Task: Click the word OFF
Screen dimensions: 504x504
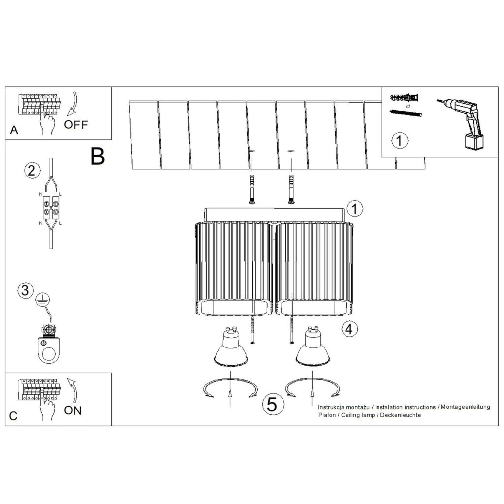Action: (76, 125)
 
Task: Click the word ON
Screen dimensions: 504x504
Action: (73, 410)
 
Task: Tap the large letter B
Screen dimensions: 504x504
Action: (98, 156)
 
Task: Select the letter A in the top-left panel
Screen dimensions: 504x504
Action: (14, 130)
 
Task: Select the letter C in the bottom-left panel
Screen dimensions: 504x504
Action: (13, 416)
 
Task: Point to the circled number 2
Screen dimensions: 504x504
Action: (32, 170)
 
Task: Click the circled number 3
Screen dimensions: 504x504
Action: (25, 290)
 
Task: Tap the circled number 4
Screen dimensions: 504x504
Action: (349, 329)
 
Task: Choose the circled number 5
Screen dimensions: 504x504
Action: (272, 404)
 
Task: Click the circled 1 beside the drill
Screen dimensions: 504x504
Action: (400, 141)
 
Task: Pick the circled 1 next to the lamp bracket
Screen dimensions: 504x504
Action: (354, 208)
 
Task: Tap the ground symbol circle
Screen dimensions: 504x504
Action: (42, 300)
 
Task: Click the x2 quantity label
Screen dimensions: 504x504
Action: (408, 106)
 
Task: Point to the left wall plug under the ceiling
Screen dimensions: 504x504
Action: (252, 189)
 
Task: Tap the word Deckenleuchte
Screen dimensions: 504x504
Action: (401, 415)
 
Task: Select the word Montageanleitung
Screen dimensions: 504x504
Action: (466, 407)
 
